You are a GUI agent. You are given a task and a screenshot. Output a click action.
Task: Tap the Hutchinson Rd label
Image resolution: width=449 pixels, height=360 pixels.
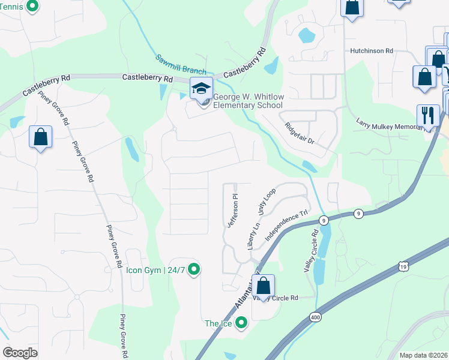[372, 52]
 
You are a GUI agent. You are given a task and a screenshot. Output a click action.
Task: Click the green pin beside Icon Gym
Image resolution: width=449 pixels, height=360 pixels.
[193, 269]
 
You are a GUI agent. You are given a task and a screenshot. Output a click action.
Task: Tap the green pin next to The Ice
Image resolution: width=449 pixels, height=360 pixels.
[241, 323]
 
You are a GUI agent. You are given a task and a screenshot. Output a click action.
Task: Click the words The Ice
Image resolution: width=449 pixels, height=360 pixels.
[218, 324]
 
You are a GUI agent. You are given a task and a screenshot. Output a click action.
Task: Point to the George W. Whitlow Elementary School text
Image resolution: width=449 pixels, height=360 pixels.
[248, 101]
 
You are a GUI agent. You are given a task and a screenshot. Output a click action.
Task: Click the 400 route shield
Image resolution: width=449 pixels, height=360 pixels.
[315, 316]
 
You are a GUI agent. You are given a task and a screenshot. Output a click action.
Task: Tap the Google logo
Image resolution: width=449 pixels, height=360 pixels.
[20, 353]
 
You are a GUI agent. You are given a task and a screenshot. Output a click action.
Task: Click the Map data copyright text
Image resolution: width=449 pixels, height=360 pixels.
[423, 355]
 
